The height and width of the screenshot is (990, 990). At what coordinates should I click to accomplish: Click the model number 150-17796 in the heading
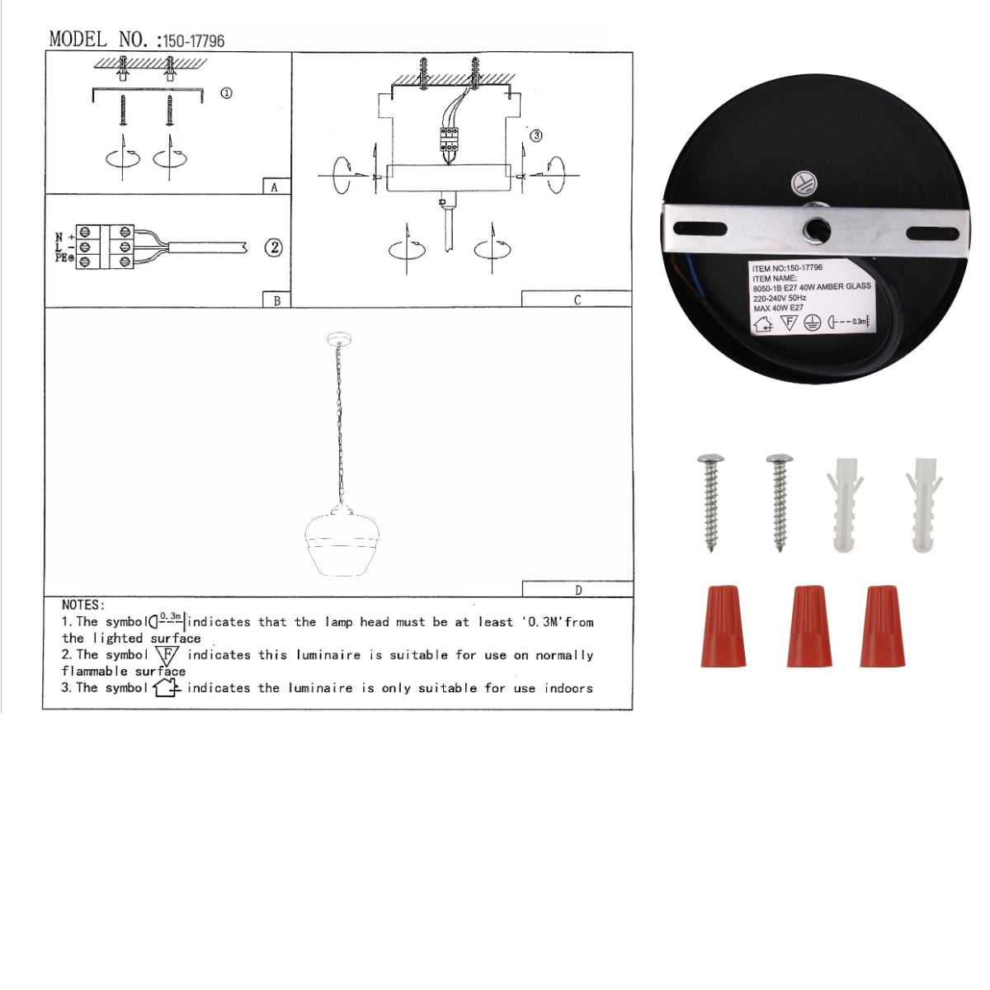point(193,40)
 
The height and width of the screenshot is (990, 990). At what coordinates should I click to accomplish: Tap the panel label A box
point(276,186)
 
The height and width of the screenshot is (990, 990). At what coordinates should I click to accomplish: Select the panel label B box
point(276,300)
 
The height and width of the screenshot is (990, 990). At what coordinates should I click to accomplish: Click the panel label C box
point(577,299)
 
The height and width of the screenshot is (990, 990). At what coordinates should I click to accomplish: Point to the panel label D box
point(577,589)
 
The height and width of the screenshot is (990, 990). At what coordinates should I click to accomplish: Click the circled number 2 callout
point(274,247)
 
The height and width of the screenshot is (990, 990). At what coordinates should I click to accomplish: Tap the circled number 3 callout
point(535,135)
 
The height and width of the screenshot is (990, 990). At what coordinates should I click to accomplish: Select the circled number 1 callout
point(226,93)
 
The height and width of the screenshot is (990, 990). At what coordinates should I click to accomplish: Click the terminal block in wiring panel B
point(106,247)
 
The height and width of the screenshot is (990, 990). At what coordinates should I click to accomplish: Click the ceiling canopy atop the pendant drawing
point(338,338)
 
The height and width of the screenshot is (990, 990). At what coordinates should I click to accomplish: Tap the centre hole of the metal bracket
point(817,229)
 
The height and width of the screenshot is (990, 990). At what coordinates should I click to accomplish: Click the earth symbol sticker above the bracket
point(801,183)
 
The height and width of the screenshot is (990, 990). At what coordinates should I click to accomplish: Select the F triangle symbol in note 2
point(167,656)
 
